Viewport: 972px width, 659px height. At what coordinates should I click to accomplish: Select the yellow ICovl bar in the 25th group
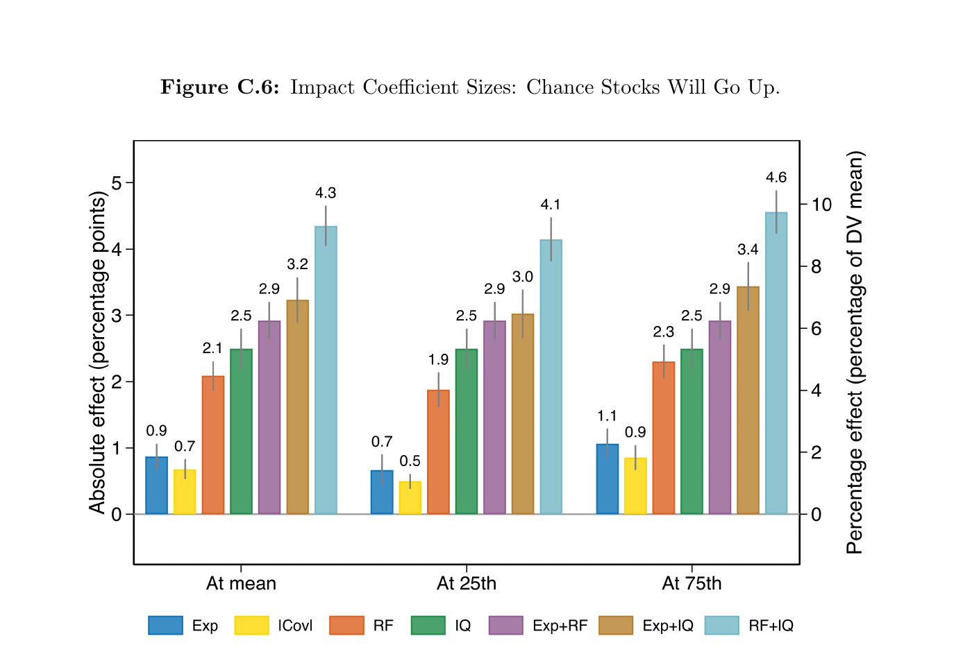(x=410, y=497)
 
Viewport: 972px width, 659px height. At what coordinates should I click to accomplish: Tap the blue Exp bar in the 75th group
(x=607, y=479)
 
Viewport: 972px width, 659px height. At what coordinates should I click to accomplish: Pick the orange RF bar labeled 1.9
(x=438, y=452)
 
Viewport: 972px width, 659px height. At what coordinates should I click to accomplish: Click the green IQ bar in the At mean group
(x=241, y=431)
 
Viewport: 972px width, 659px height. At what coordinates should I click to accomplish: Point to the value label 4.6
(x=776, y=178)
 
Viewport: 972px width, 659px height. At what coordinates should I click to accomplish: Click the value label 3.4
(x=748, y=250)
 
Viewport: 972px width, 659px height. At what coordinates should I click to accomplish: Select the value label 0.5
(x=410, y=461)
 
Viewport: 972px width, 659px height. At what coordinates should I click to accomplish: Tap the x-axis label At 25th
(x=467, y=583)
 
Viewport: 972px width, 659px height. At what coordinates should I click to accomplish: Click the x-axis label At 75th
(x=692, y=583)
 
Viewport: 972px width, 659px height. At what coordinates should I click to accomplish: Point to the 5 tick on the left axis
(x=116, y=183)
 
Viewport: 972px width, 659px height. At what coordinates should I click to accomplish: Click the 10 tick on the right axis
(x=821, y=205)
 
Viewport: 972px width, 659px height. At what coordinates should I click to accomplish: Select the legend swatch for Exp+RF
(x=505, y=625)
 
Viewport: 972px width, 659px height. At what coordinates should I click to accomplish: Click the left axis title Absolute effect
(x=97, y=354)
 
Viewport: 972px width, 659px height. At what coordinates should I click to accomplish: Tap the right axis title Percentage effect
(x=855, y=352)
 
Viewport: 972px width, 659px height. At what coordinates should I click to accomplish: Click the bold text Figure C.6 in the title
(x=219, y=87)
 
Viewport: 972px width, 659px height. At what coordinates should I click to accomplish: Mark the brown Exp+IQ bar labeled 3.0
(x=523, y=413)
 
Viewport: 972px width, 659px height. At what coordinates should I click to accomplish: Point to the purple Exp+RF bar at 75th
(x=720, y=417)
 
